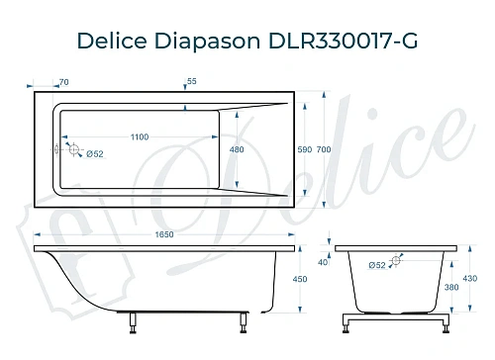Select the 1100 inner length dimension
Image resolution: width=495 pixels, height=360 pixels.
coord(138,136)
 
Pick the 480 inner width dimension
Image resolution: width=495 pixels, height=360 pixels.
coord(237,149)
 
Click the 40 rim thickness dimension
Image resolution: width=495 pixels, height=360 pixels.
coord(322,263)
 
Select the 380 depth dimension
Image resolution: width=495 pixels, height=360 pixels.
coord(450,287)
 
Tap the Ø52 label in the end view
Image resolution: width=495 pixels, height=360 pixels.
coord(377,265)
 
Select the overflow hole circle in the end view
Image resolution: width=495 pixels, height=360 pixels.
coord(396,262)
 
